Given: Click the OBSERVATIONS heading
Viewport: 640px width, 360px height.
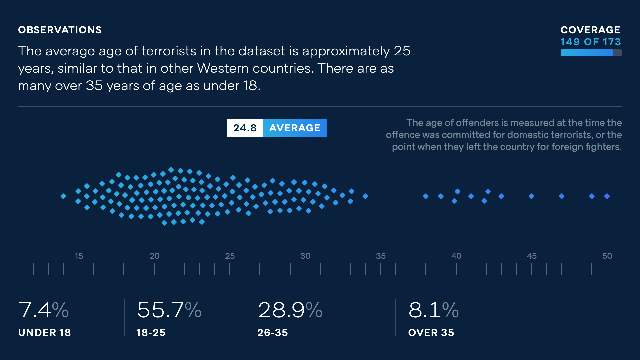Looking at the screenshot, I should click(x=60, y=30).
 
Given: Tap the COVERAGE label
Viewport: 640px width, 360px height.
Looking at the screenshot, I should click(x=590, y=30).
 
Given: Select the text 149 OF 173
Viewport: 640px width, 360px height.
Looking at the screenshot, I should click(x=590, y=42).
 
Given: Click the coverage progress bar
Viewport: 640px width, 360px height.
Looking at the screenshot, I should click(x=591, y=53).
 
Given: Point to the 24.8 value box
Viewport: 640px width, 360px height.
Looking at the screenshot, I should click(x=245, y=128).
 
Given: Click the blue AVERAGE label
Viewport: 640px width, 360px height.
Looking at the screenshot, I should click(x=295, y=128).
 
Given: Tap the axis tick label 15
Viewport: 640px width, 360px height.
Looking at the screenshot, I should click(x=79, y=256).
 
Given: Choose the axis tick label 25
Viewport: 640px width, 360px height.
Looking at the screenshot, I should click(x=230, y=256).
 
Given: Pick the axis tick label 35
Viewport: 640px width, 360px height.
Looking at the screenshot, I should click(x=381, y=256).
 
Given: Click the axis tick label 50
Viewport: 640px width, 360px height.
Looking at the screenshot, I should click(x=607, y=256).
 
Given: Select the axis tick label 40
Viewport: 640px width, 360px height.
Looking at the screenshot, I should click(x=456, y=256).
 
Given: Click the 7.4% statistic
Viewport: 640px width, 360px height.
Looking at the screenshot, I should click(x=43, y=310).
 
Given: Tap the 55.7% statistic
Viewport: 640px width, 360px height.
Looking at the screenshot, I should click(x=169, y=310).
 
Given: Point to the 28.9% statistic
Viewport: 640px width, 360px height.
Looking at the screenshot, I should click(x=290, y=310).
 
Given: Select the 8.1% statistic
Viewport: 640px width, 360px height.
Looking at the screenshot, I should click(x=433, y=310).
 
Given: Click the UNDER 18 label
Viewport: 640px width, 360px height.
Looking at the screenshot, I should click(x=44, y=332).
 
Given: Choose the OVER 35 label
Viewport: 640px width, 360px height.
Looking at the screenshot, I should click(x=431, y=332).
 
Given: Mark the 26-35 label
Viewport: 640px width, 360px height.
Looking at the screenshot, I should click(x=272, y=332).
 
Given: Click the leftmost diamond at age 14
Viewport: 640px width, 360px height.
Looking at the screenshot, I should click(x=63, y=196).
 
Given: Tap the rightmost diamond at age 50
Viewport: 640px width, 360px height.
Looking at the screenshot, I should click(x=607, y=196).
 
